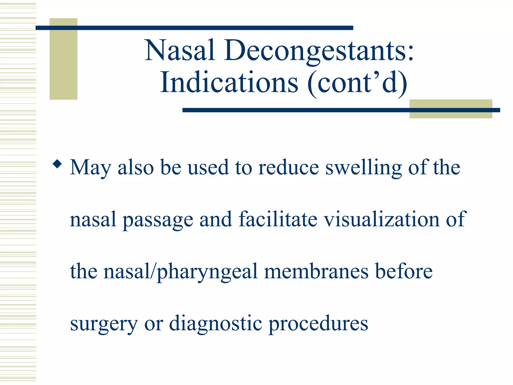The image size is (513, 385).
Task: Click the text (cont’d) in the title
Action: click(357, 83)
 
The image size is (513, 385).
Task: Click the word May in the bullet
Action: click(90, 168)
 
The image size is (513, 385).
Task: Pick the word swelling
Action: click(363, 168)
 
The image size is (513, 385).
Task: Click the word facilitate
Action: click(278, 219)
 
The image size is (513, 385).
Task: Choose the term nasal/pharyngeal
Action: click(181, 272)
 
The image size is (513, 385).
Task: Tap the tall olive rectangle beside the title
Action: click(63, 65)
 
